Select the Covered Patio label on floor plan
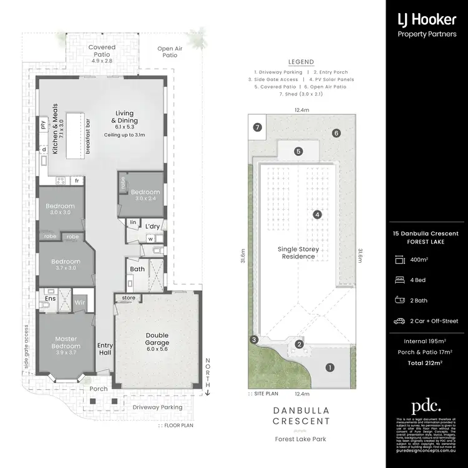pos(101,51)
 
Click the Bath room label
pos(137,269)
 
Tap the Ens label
pos(51,299)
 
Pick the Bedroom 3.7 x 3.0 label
pos(66,265)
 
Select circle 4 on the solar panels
pos(318,215)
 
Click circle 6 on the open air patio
pos(336,133)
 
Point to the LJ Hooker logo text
pos(427,19)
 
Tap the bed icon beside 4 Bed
pos(399,280)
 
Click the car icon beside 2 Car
pos(399,321)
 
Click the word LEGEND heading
pos(301,62)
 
